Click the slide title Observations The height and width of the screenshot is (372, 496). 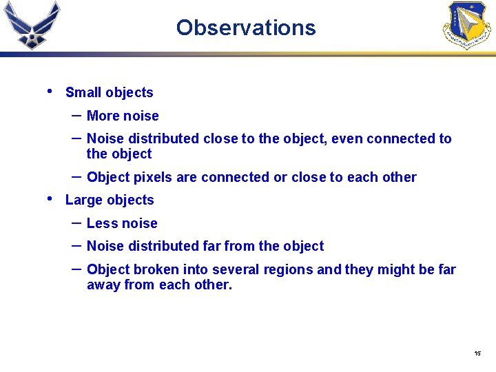245,28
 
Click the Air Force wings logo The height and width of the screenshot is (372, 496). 32,25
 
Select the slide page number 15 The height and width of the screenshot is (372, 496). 477,353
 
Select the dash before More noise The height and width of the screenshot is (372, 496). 76,114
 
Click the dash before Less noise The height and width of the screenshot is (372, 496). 76,222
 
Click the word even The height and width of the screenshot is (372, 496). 347,139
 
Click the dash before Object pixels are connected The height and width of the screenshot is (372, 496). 76,176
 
